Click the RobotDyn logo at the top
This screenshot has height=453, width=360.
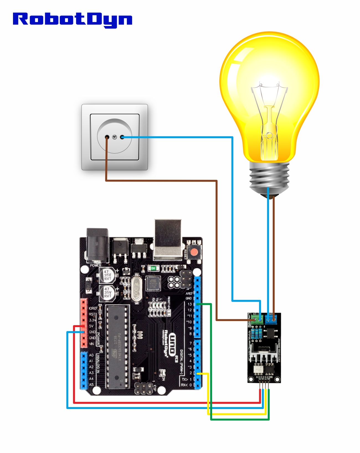[73, 19]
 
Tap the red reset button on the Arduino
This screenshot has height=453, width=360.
[194, 252]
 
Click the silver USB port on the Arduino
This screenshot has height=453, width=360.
[168, 239]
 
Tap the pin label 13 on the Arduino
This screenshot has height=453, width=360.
[190, 304]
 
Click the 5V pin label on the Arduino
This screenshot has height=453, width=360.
[91, 326]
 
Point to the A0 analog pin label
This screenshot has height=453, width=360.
[91, 355]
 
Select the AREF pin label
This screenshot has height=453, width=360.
[189, 293]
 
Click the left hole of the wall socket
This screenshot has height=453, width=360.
[107, 137]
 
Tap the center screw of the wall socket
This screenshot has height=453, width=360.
[115, 137]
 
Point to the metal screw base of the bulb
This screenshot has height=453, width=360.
[269, 177]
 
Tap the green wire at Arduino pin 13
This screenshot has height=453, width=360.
[205, 304]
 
